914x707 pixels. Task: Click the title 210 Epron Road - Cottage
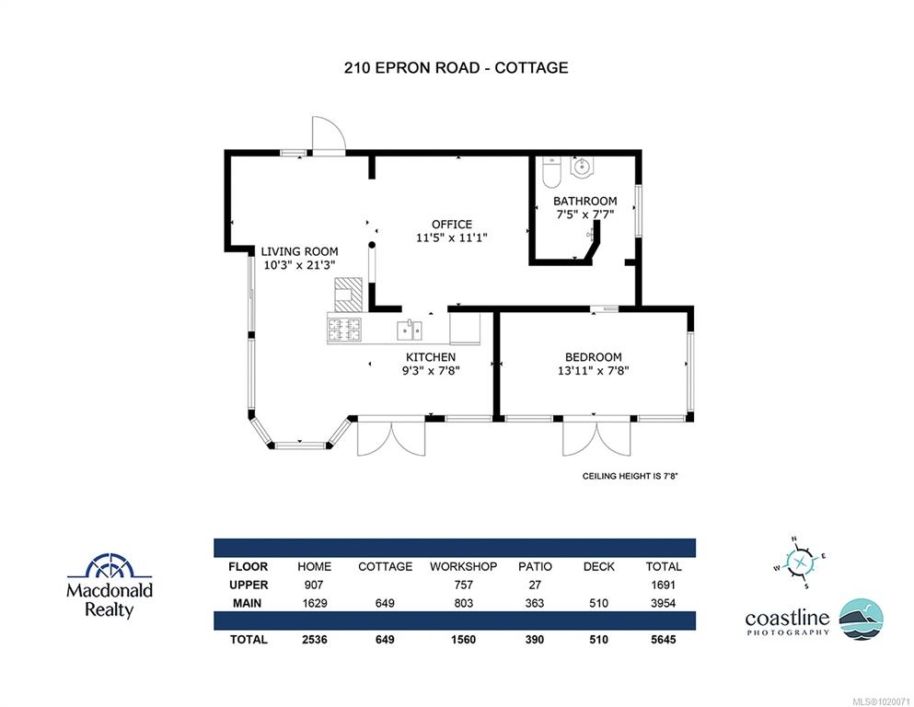[456, 67]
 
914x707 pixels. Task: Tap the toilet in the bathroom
[550, 171]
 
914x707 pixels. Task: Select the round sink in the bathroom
[581, 167]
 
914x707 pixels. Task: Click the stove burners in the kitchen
[344, 330]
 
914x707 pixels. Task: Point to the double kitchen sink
[410, 330]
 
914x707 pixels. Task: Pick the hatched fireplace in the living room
[349, 296]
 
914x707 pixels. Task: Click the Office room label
[452, 225]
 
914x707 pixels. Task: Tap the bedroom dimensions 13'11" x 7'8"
[594, 370]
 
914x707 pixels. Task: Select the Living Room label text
[299, 252]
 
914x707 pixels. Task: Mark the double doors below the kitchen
[391, 436]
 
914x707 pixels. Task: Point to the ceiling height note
[631, 476]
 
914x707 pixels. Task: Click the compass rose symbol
[799, 562]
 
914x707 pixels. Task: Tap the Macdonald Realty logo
[110, 585]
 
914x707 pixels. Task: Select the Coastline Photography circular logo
[861, 619]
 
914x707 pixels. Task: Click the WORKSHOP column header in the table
[463, 566]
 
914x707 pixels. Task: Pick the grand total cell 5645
[664, 640]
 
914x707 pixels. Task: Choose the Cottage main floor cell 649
[385, 603]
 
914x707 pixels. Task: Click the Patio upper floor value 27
[535, 585]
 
